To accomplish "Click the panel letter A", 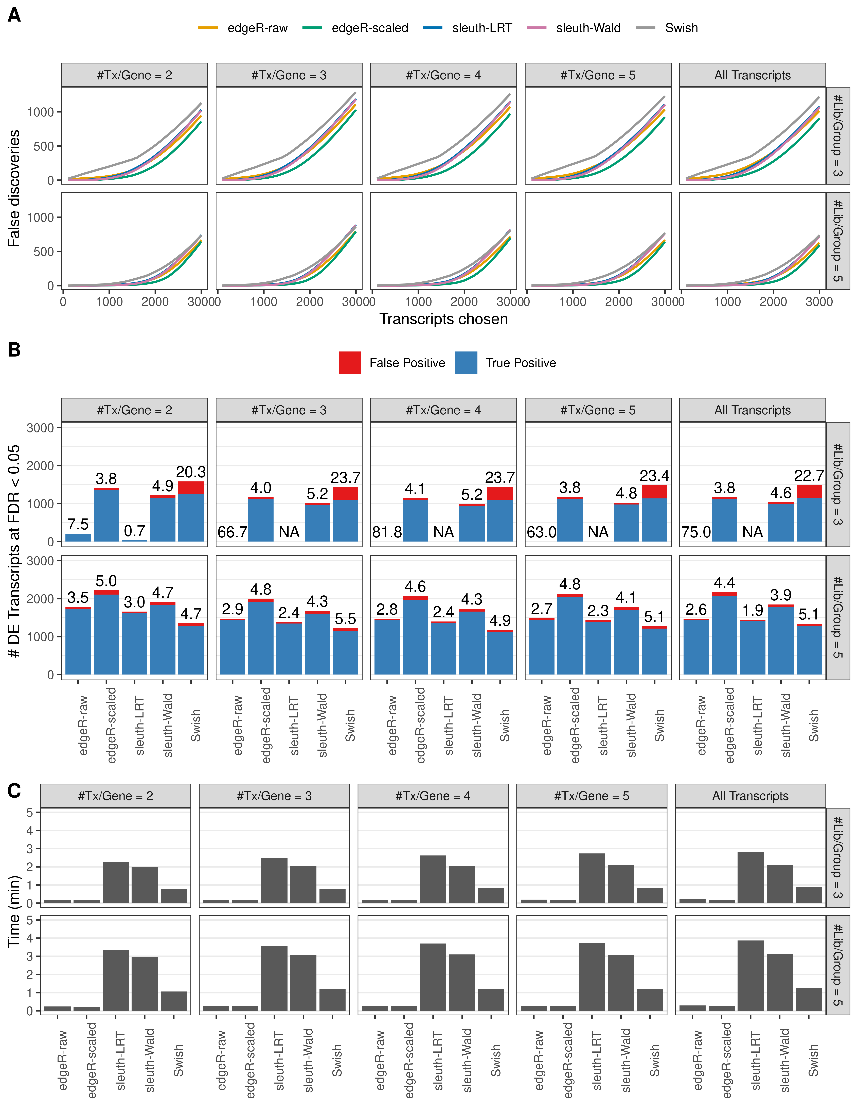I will (x=14, y=15).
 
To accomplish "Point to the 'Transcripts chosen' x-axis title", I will (x=443, y=319).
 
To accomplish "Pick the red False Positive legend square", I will (x=350, y=363).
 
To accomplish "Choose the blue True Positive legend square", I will (x=466, y=363).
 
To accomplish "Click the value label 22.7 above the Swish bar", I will (x=809, y=476).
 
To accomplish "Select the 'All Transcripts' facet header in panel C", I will (x=750, y=796).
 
